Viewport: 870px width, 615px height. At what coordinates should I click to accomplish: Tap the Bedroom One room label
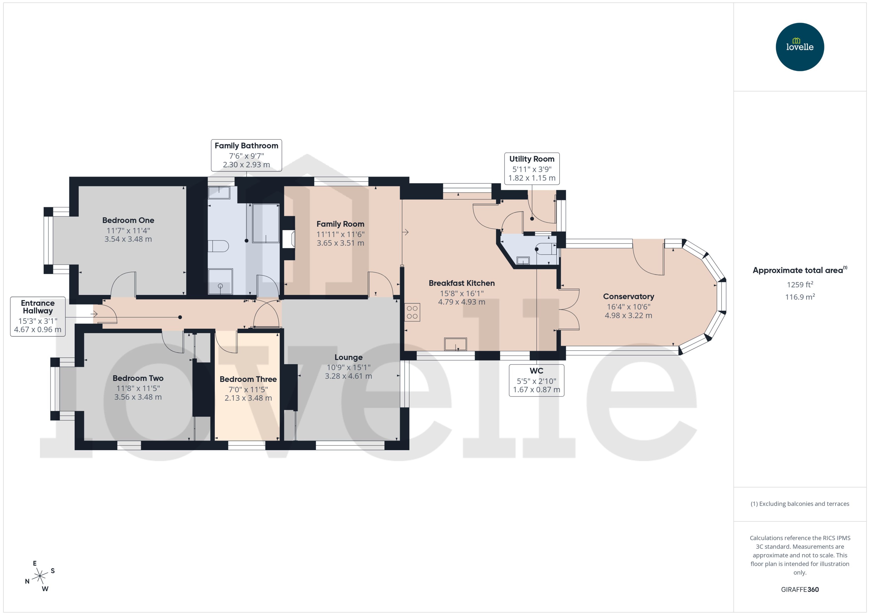click(x=128, y=220)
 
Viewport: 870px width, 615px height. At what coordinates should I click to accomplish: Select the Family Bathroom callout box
click(x=246, y=155)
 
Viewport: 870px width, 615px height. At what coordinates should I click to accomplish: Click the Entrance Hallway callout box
click(x=38, y=316)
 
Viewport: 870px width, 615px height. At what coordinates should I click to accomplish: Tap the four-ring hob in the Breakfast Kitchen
click(x=412, y=312)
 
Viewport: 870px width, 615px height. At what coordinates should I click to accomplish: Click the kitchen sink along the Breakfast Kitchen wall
click(x=455, y=344)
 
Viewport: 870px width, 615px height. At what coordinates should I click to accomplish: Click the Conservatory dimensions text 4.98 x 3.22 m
click(x=628, y=316)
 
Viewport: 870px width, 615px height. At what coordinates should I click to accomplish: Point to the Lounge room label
click(x=348, y=357)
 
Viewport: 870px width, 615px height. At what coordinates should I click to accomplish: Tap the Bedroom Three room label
click(x=248, y=379)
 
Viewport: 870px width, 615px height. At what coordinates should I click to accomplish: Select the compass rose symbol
click(x=40, y=576)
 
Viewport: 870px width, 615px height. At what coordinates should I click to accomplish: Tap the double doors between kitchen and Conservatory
click(x=569, y=309)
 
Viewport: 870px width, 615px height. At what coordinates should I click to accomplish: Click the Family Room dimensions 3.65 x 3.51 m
click(x=340, y=243)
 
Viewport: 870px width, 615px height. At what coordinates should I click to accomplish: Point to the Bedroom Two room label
click(x=138, y=378)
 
